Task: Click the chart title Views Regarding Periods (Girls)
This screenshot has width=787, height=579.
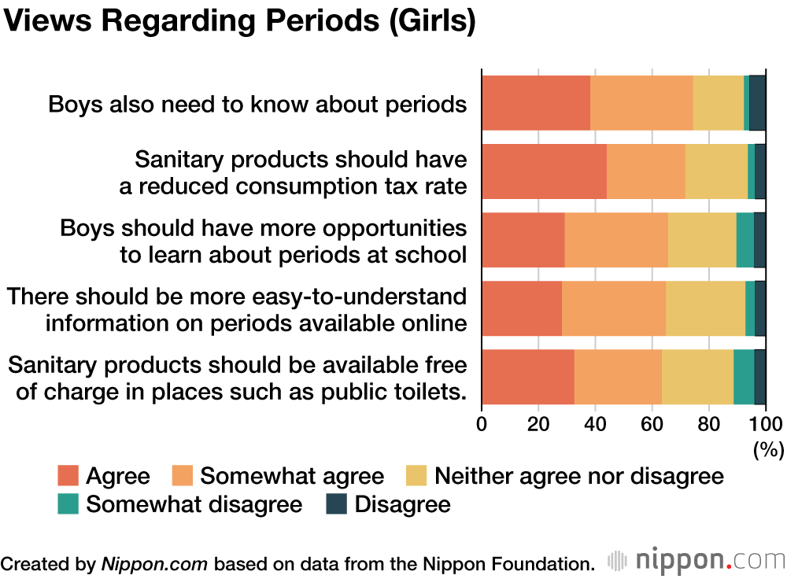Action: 240,23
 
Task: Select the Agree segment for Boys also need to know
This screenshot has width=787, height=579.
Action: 536,103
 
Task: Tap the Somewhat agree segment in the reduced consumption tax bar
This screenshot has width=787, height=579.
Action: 646,171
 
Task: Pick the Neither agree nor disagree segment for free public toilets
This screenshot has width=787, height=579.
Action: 698,377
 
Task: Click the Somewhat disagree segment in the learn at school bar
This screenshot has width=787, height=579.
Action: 745,240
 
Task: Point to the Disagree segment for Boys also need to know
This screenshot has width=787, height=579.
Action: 757,103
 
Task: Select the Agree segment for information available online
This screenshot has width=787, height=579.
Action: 522,308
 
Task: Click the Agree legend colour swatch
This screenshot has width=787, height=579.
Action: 68,476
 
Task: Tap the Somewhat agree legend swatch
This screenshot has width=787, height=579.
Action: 183,476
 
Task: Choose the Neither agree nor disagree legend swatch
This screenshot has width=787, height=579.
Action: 416,476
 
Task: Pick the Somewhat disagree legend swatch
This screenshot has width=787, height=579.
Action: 68,504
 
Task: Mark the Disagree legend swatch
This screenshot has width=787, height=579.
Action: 337,504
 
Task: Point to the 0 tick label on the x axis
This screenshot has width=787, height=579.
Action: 482,425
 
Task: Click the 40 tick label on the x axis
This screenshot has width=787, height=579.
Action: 595,425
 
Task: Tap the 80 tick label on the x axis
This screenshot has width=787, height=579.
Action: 708,425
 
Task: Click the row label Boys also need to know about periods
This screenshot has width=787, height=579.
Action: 257,105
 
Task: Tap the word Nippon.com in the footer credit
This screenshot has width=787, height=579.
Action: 154,563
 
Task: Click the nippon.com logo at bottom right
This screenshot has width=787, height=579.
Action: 696,561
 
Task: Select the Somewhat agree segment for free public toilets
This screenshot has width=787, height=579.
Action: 618,377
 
